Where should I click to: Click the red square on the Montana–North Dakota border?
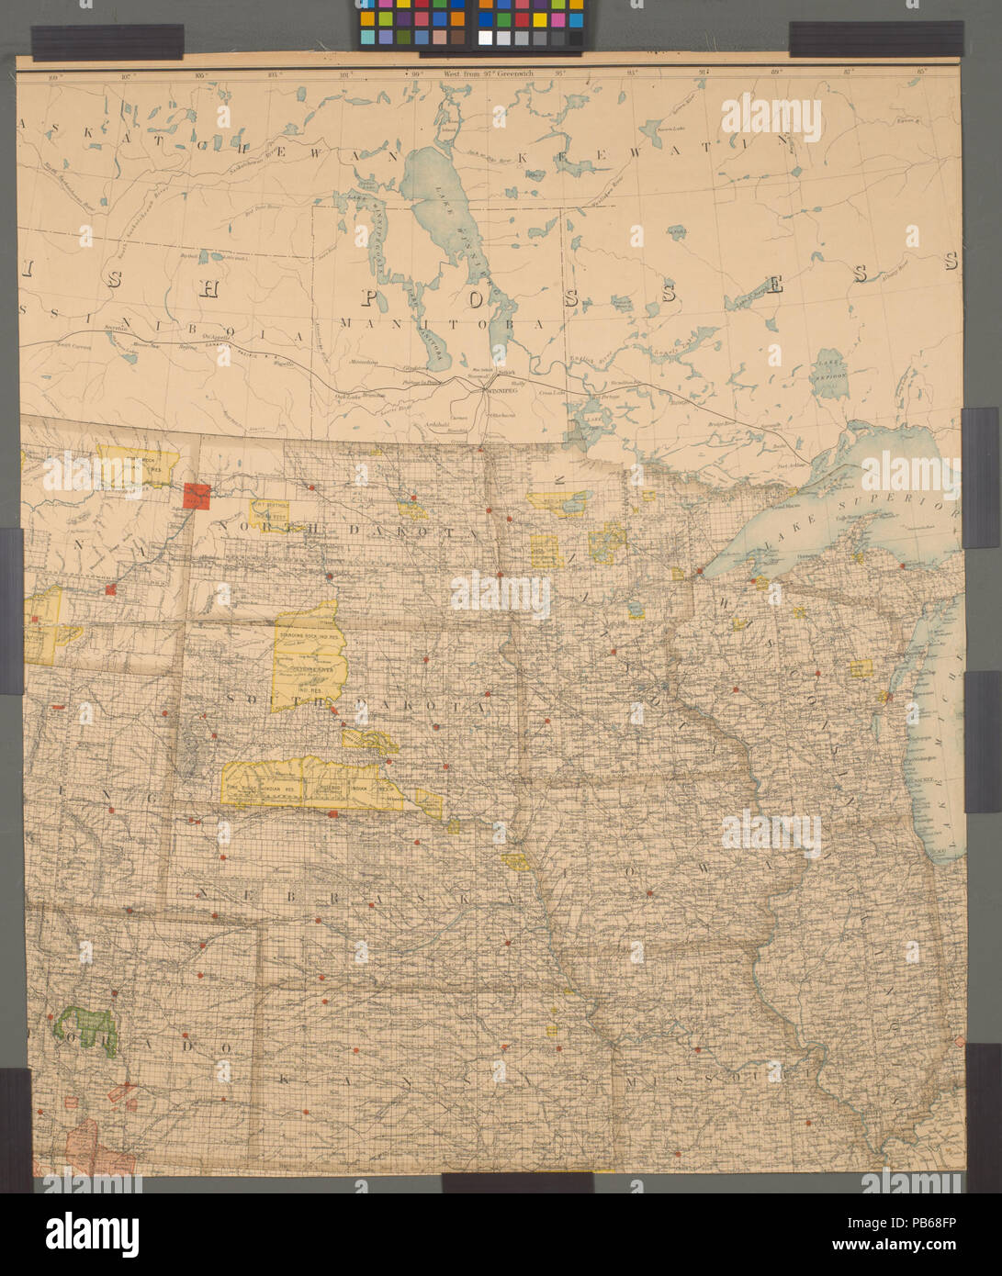pos(197,496)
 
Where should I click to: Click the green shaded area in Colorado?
pos(86,1028)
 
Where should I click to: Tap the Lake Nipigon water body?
pos(830,369)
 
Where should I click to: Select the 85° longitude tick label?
pos(921,71)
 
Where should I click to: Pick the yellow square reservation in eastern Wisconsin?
pos(861,669)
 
